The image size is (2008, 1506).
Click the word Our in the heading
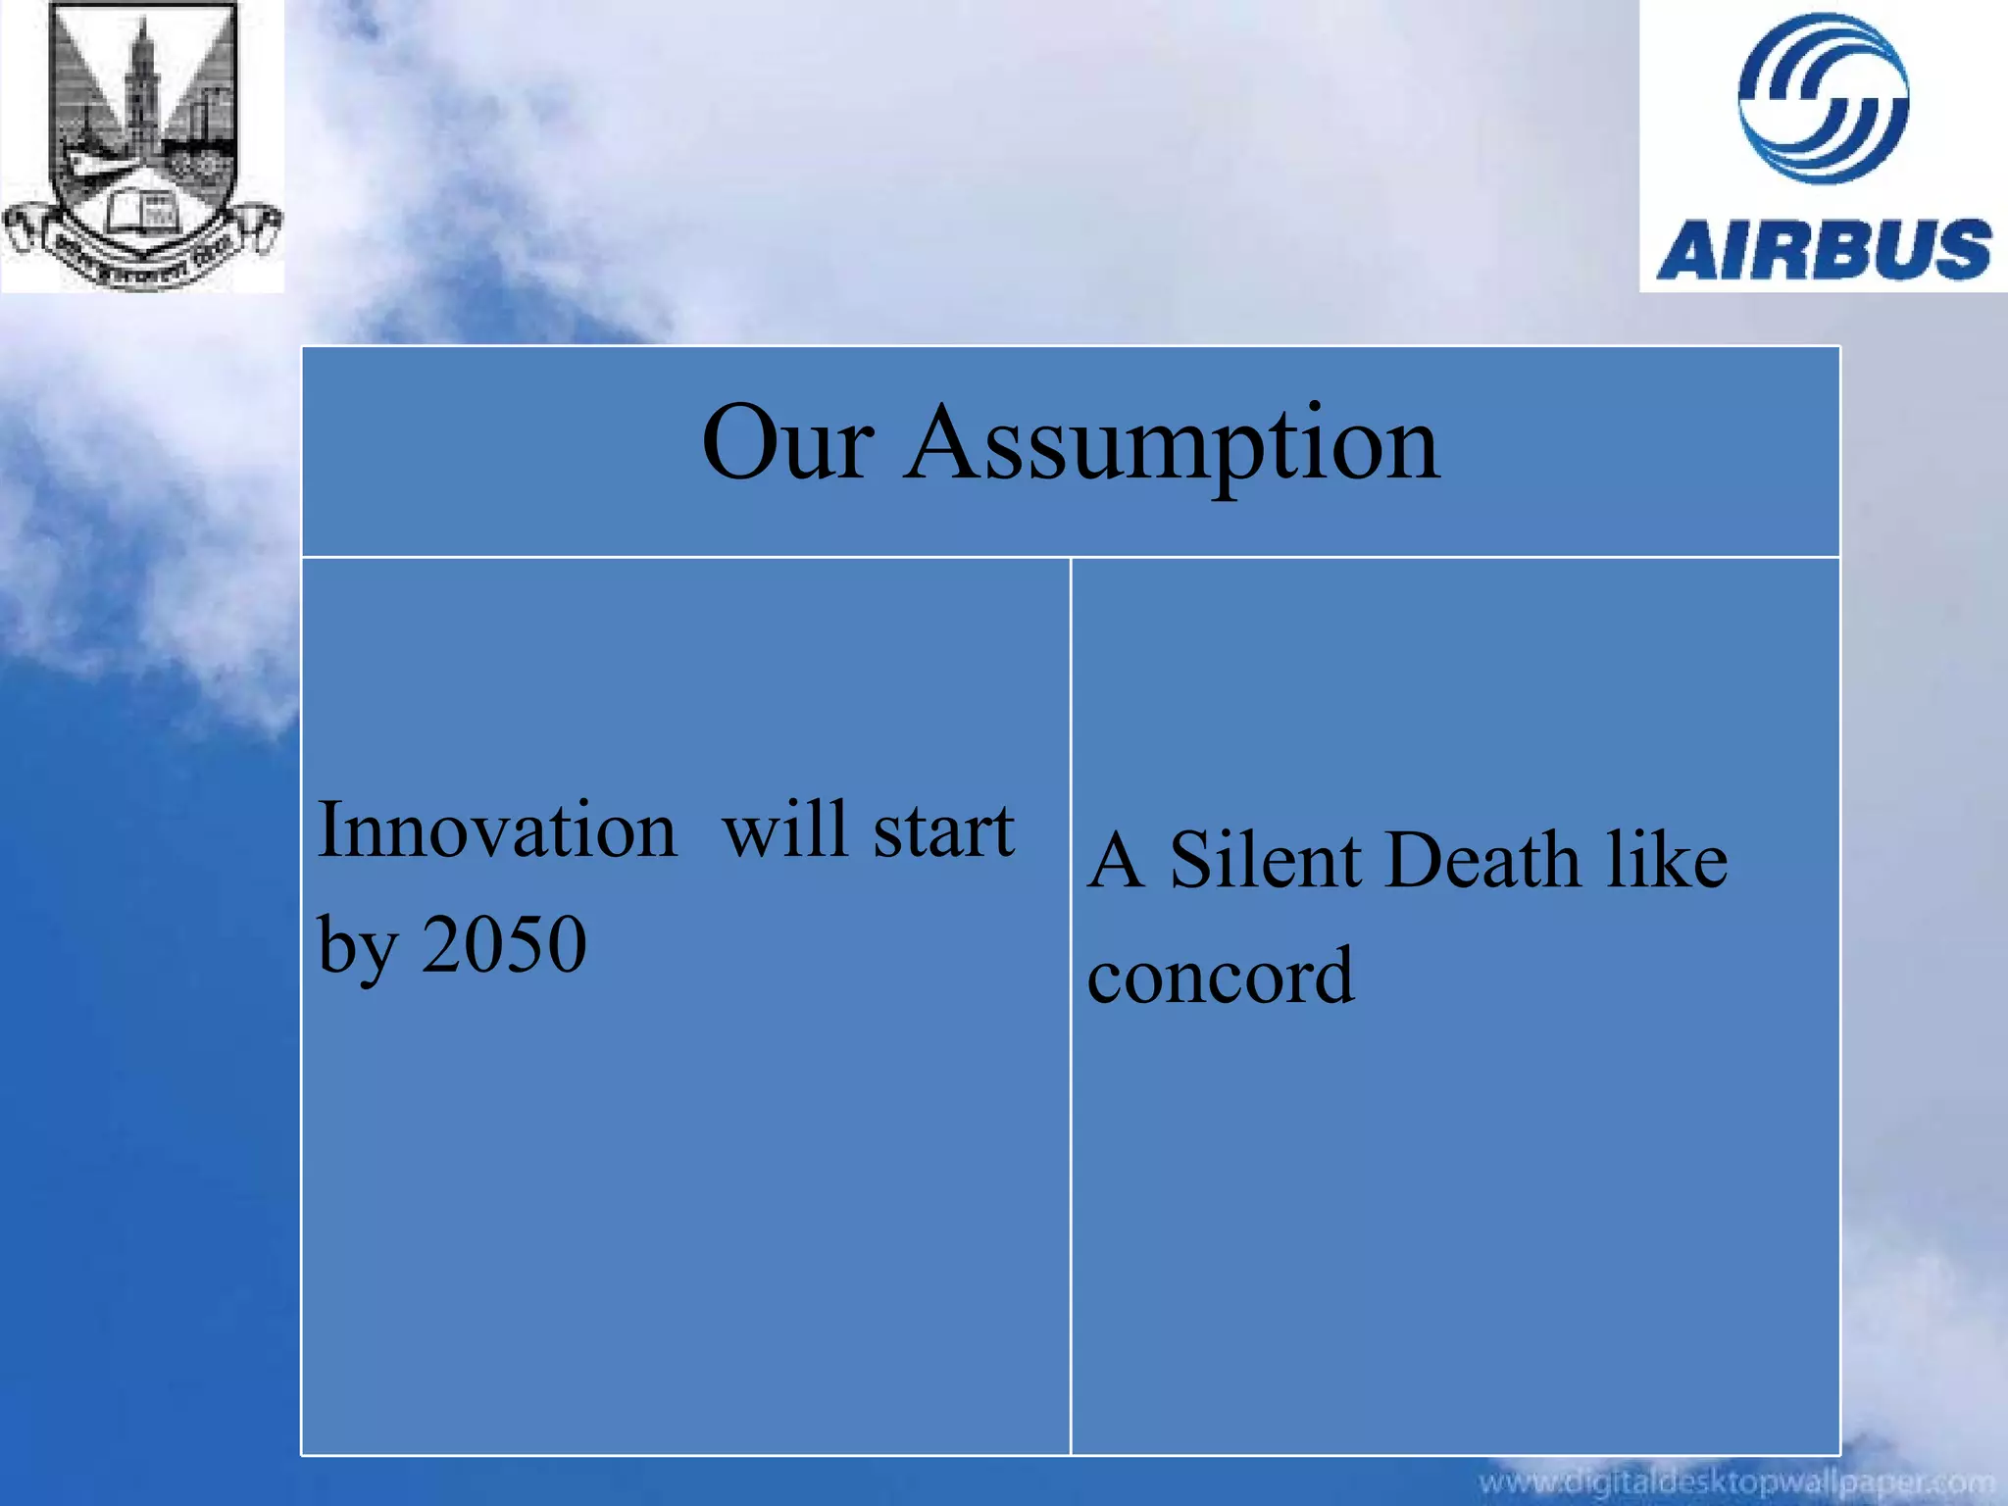(x=786, y=444)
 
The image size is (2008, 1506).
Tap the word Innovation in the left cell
(x=497, y=830)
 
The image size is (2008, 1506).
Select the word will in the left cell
(x=783, y=830)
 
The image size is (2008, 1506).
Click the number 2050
(x=504, y=944)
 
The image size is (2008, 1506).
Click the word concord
(x=1221, y=976)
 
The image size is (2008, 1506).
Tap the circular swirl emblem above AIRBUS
(x=1823, y=98)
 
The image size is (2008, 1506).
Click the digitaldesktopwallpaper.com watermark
(x=1735, y=1481)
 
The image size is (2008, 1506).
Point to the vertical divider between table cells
(x=1071, y=1000)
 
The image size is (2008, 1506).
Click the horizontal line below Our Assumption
(x=1071, y=557)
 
